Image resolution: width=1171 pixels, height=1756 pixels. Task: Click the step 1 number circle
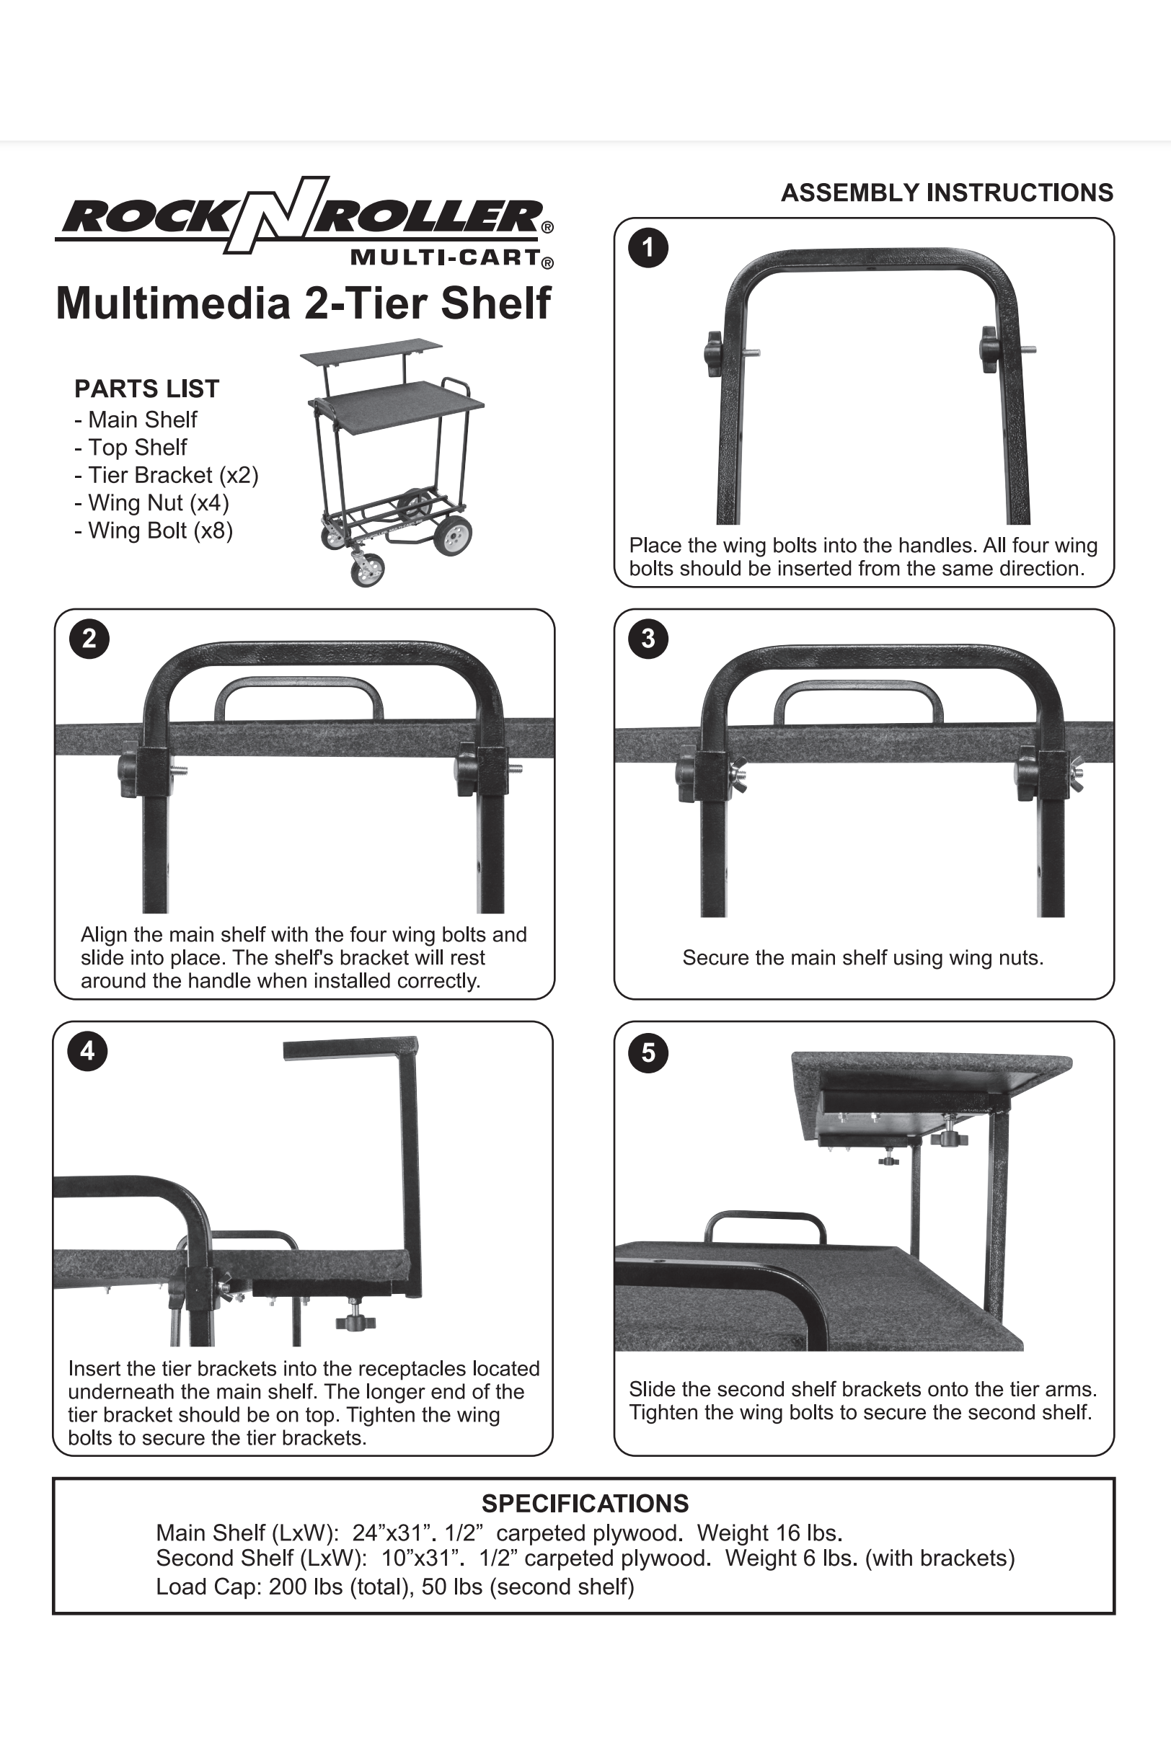[648, 249]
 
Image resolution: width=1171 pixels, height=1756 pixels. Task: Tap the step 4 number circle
[87, 1051]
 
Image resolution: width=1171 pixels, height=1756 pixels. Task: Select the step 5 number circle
[648, 1052]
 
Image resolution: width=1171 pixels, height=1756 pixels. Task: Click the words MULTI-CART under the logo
[445, 258]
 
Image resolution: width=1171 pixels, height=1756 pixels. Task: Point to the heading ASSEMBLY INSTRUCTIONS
[946, 192]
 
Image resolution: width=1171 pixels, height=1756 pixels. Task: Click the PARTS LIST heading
[146, 389]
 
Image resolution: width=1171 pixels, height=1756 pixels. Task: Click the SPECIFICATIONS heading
[585, 1504]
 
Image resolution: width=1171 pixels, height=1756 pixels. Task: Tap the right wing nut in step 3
[1076, 776]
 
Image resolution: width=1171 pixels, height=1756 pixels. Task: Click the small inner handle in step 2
[298, 697]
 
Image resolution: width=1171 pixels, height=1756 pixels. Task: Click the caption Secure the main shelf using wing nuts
[862, 958]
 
